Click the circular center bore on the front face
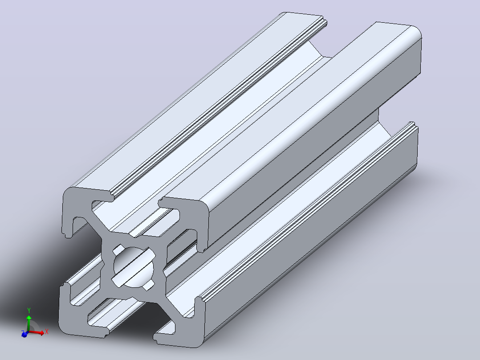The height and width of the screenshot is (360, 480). [134, 267]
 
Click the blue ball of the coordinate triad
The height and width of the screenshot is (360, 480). [24, 335]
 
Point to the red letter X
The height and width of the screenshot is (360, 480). [46, 331]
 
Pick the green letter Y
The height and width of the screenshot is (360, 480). [29, 311]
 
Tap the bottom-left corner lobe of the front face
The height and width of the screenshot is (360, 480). [77, 319]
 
